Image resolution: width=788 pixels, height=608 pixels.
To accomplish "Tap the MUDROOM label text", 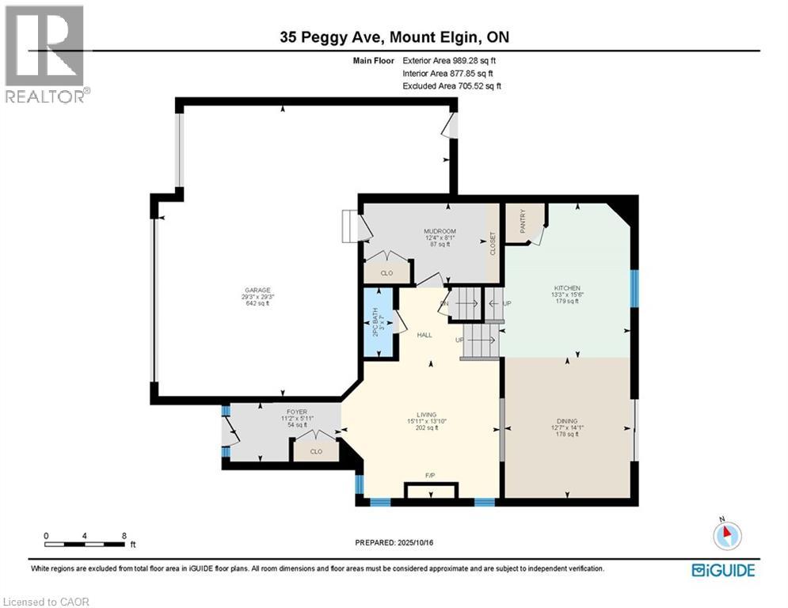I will pos(440,231).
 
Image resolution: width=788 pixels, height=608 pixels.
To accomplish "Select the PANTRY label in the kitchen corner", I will pos(523,221).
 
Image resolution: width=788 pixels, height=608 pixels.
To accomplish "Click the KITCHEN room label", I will pos(567,288).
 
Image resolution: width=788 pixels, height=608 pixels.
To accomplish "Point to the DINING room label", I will pos(567,421).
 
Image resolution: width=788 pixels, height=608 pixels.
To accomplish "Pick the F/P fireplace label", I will pos(430,475).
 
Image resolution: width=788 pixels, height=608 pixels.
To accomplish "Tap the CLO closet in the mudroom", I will pos(386,273).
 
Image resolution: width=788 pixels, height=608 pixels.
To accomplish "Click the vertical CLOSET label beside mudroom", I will pos(493,242).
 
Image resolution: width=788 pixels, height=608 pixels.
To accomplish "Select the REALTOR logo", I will pos(46,54).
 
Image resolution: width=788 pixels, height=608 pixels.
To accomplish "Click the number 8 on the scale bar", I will pos(124,535).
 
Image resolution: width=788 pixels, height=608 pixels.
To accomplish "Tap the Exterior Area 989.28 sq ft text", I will pos(450,60).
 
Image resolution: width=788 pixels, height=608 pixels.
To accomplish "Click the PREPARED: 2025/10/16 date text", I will pos(396,543).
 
